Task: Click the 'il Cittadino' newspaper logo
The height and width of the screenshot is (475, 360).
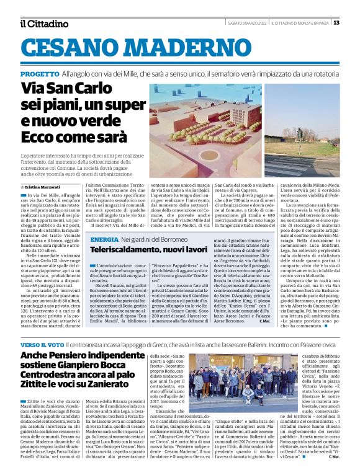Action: pos(43,24)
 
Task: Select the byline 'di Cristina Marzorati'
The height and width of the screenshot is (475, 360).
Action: pos(43,186)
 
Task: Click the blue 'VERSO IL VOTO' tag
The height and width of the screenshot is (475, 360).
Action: pos(43,344)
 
